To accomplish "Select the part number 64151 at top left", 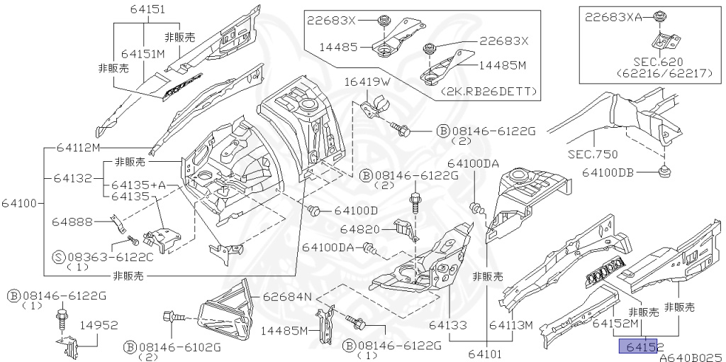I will point(147,9).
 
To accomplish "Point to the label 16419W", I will point(367,82).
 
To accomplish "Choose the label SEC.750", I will point(593,154).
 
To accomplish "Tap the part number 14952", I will point(98,324).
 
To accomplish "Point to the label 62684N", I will point(287,296).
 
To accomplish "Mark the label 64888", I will point(72,222).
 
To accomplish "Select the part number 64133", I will point(447,325).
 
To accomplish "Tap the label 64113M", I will point(511,325).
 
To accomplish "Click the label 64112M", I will point(77,147).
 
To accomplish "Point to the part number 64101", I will point(486,352).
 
